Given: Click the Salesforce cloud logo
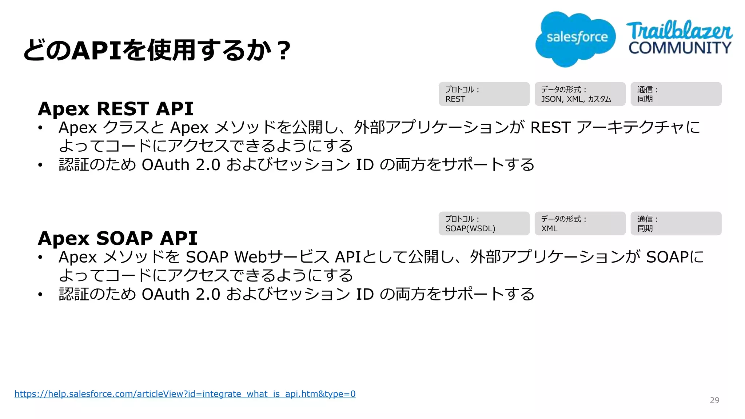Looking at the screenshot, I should click(x=575, y=39).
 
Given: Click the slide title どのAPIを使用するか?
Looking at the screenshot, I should click(x=157, y=50).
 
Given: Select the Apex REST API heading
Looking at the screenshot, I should click(x=115, y=108).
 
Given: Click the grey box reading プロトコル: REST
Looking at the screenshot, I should click(x=484, y=94).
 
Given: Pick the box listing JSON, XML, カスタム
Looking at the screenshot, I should click(x=580, y=94).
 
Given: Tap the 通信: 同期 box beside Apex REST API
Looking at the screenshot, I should click(x=676, y=94).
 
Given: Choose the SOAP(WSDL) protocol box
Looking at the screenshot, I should click(x=484, y=224).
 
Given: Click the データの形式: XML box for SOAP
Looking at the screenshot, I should click(x=580, y=224).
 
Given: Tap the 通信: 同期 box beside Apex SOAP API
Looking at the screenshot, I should click(x=676, y=224).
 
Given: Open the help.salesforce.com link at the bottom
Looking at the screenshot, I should click(x=185, y=394).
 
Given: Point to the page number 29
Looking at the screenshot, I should click(x=714, y=400).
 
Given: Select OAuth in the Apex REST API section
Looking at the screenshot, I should click(x=166, y=165).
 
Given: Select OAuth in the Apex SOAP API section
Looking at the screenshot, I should click(x=166, y=294).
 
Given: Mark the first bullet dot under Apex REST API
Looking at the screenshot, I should click(x=40, y=128).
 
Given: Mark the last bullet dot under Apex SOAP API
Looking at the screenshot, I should click(x=40, y=294).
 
